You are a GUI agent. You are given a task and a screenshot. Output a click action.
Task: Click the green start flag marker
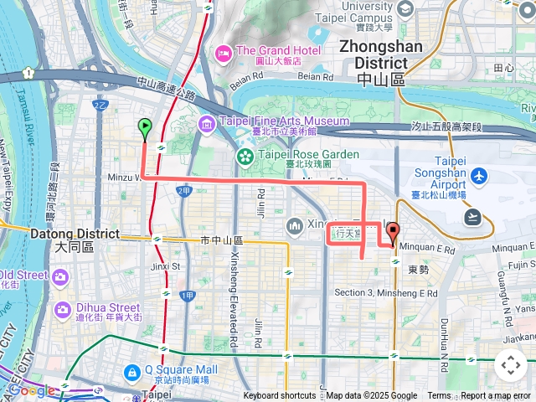(144, 129)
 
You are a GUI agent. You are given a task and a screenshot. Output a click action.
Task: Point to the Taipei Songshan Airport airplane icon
(478, 176)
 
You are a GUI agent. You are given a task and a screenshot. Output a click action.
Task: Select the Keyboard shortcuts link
(280, 396)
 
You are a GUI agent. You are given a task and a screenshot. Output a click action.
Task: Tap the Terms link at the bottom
(439, 396)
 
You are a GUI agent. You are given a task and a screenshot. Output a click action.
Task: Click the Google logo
(32, 390)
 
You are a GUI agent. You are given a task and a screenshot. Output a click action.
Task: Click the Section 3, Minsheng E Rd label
(385, 293)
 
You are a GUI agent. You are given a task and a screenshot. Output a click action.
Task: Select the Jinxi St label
(166, 266)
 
